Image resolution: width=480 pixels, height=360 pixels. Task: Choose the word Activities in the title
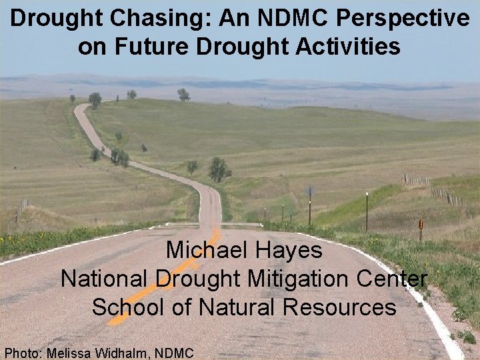coord(347,47)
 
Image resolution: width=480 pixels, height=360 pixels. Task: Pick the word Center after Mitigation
coord(395,279)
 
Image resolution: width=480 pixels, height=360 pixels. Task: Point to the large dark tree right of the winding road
coord(218,170)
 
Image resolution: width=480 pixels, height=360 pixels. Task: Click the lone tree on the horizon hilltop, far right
coord(183,95)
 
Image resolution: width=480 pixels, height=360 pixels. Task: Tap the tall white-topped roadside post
coord(366,210)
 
